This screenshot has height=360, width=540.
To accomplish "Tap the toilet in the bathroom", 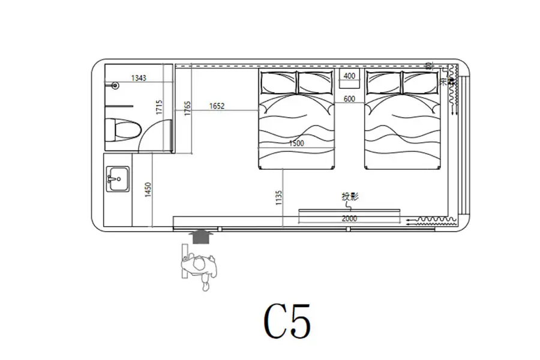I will coord(122,130).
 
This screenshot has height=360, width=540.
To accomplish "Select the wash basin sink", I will coord(117,178).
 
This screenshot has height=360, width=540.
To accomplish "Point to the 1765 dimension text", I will coord(187,108).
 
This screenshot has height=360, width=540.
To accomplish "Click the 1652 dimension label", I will coord(217,106).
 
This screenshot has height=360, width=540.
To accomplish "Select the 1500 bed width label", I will coord(296,143).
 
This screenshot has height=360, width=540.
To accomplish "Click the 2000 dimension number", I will coord(349,219).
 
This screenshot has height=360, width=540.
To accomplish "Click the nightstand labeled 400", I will coord(349,77).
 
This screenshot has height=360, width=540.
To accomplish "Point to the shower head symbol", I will coord(115,86).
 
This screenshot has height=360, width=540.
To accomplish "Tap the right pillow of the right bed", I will coord(421,82).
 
